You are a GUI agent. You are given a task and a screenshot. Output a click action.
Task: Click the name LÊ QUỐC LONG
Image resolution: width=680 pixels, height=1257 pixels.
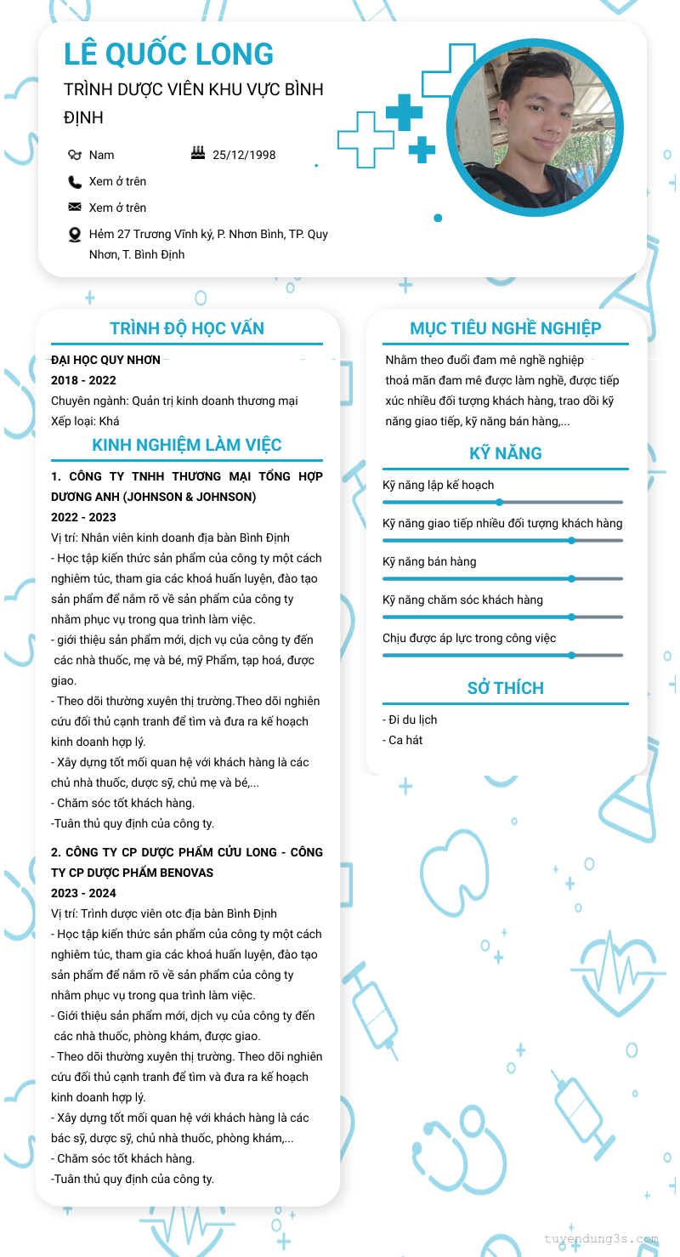[168, 54]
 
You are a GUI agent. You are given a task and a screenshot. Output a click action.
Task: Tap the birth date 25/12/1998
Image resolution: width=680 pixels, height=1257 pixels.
[244, 155]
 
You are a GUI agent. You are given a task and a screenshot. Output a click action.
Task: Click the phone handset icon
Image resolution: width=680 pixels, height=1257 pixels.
[75, 182]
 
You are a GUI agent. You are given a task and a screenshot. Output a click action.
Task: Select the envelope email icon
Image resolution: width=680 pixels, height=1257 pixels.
[75, 208]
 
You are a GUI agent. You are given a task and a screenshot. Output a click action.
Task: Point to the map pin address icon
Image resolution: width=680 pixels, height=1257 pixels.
[75, 235]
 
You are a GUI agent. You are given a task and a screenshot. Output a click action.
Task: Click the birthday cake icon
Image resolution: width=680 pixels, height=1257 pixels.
[198, 153]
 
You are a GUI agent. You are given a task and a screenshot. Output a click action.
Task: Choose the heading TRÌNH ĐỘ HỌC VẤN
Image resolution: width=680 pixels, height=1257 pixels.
[187, 328]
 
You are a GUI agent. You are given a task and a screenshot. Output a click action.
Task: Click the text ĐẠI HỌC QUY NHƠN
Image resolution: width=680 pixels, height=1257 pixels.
[105, 360]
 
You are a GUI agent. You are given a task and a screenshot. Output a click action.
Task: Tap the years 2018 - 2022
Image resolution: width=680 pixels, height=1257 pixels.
[83, 380]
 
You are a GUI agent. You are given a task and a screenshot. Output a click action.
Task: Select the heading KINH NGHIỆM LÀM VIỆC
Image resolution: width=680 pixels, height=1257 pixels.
[187, 445]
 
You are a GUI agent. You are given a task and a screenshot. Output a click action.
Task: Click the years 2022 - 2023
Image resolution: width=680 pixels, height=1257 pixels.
[83, 517]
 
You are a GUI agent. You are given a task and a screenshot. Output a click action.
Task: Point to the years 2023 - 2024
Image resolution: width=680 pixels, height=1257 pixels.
[83, 893]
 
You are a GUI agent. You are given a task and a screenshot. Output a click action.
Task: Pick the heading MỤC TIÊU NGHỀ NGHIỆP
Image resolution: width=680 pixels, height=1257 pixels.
[506, 328]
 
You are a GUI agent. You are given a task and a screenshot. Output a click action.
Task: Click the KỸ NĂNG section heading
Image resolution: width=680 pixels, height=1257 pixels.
[506, 453]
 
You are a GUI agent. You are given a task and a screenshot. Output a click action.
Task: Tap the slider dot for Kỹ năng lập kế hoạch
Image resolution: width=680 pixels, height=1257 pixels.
[500, 502]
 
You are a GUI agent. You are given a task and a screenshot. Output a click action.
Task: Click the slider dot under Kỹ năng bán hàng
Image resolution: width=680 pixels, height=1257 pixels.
[571, 578]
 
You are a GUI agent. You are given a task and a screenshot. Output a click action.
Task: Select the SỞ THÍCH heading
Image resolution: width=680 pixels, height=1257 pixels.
[506, 688]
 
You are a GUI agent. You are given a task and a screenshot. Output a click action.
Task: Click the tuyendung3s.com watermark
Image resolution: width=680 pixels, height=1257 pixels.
[601, 1239]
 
